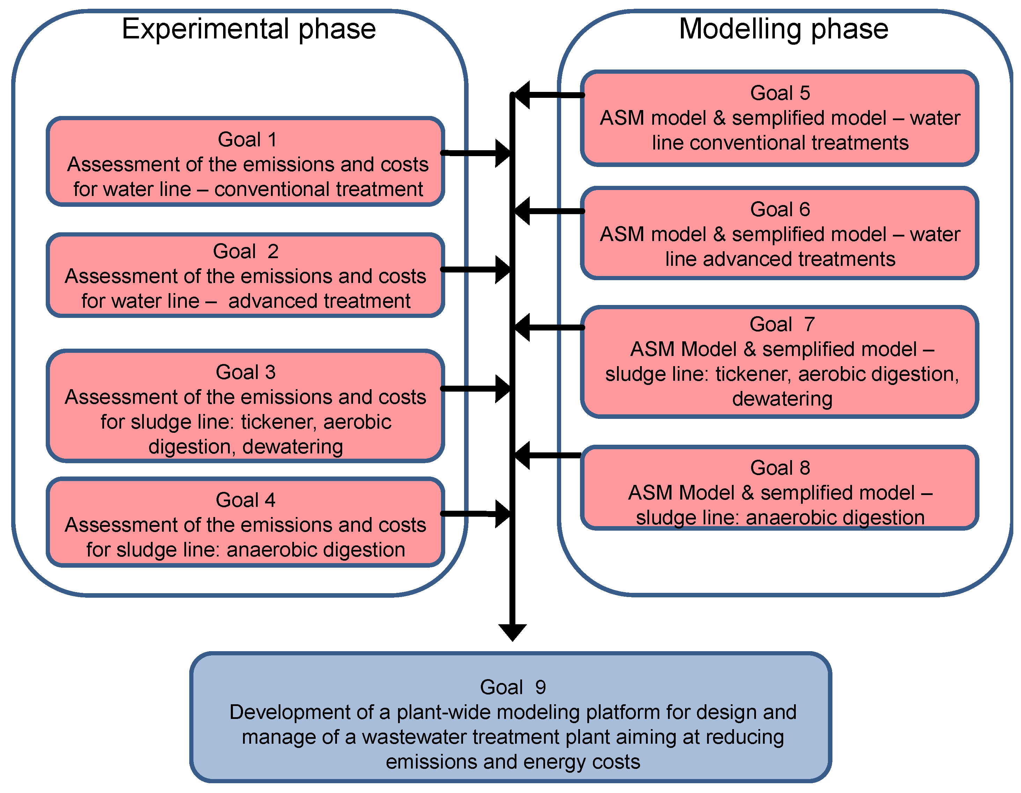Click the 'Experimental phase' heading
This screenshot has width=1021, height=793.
(249, 29)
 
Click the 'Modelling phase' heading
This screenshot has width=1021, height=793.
(784, 29)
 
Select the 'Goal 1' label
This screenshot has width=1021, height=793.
(247, 139)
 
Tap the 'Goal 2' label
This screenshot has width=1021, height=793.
(246, 252)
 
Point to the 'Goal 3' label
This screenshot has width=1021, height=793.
(245, 372)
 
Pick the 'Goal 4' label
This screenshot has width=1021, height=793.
(245, 500)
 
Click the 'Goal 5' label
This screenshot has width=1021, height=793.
(780, 93)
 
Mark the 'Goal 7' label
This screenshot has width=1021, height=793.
(782, 324)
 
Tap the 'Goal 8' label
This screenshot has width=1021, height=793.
(780, 467)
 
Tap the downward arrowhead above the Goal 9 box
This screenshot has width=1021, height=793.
(512, 632)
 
